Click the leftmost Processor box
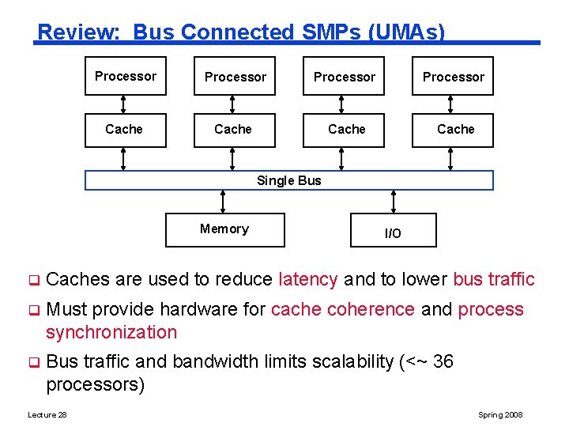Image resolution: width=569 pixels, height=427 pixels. pyautogui.click(x=126, y=77)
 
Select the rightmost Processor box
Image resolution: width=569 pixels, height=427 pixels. pyautogui.click(x=453, y=77)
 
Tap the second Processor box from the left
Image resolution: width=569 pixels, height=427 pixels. pyautogui.click(x=235, y=77)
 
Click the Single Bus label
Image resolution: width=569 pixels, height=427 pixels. pyautogui.click(x=288, y=180)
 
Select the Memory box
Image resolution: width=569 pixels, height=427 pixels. pyautogui.click(x=225, y=229)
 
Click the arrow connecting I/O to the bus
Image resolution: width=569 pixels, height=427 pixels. pyautogui.click(x=393, y=202)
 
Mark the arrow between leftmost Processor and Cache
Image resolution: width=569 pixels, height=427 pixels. pyautogui.click(x=123, y=104)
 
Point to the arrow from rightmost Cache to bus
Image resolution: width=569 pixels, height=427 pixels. pyautogui.click(x=450, y=160)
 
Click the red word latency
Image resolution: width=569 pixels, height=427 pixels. pyautogui.click(x=308, y=279)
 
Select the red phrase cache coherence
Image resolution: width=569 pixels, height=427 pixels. pyautogui.click(x=342, y=309)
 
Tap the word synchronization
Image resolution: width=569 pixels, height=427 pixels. pyautogui.click(x=111, y=332)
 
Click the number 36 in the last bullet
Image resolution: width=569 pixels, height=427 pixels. pyautogui.click(x=443, y=361)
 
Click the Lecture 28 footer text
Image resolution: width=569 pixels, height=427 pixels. pyautogui.click(x=47, y=415)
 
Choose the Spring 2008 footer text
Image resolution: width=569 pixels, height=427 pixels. pyautogui.click(x=500, y=415)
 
